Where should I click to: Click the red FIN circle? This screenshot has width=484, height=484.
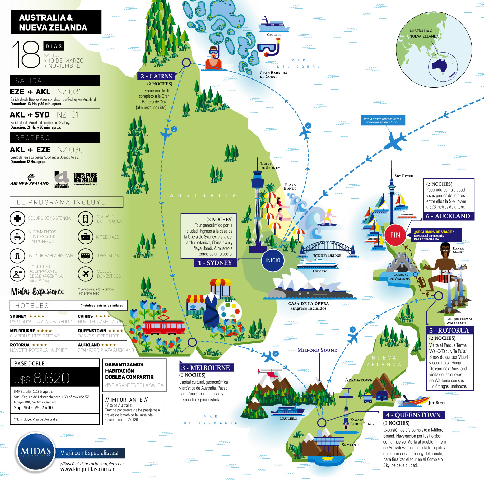(395, 235)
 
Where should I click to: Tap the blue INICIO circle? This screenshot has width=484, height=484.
(273, 260)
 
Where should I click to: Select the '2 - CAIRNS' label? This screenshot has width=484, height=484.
(156, 76)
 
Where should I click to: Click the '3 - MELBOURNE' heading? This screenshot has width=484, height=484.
(206, 367)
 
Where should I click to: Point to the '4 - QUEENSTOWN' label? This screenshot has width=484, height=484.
(413, 415)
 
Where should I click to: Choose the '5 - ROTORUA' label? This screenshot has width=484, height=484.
(449, 330)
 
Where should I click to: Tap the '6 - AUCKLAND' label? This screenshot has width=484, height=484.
(448, 216)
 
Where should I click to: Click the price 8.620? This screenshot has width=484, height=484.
(52, 378)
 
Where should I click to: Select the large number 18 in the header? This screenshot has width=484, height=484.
(26, 54)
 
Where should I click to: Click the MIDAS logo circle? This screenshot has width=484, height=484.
(36, 451)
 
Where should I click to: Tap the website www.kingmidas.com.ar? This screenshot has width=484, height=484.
(87, 469)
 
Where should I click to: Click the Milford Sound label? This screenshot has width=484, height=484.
(317, 350)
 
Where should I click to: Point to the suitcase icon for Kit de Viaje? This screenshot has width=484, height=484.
(85, 237)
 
